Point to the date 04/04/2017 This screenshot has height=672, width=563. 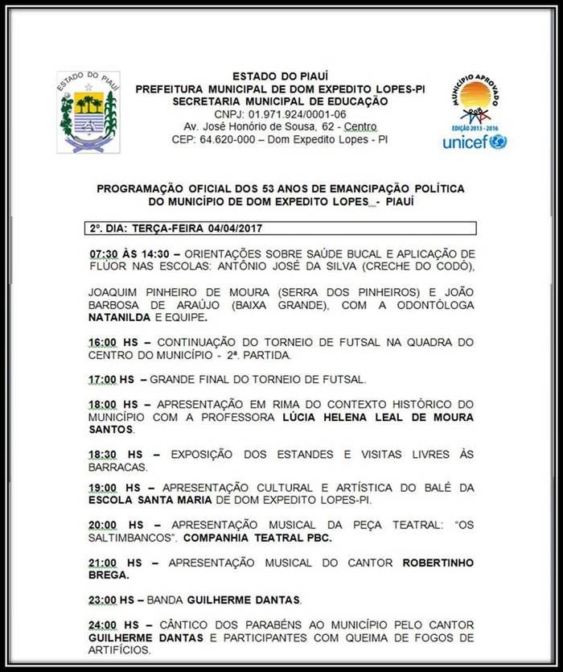coord(238,228)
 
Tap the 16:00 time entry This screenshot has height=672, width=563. coord(102,343)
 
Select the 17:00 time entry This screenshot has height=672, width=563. coord(102,379)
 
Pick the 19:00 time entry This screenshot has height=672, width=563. coord(102,488)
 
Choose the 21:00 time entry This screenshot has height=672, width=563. coord(102,563)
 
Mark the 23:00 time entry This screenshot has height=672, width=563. coord(102,600)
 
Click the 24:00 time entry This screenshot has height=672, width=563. coord(102,625)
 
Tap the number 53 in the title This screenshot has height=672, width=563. coord(262,188)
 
